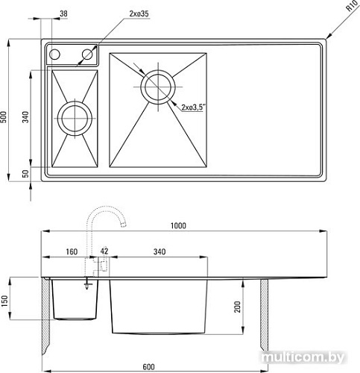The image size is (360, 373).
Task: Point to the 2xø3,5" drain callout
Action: point(193,107)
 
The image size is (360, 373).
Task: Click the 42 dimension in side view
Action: point(104,251)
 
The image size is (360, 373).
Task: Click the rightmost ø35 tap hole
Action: point(87,54)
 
